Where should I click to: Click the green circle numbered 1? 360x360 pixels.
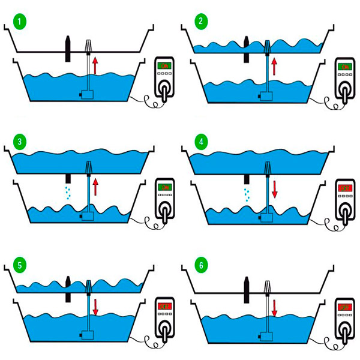click(22, 23)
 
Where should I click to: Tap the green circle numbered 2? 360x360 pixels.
click(200, 23)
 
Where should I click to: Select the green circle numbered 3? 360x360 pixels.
click(22, 143)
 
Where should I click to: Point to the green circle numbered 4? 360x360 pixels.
click(200, 143)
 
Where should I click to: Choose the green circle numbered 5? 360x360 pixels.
click(22, 263)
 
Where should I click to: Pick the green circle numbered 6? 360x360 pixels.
click(200, 263)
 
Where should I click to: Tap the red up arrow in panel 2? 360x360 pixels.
click(274, 65)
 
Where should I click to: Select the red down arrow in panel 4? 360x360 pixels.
click(274, 190)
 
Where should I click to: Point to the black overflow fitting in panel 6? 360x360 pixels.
click(247, 289)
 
